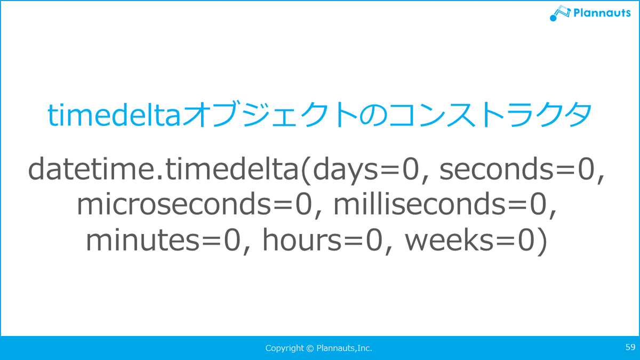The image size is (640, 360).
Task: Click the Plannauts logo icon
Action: click(560, 13)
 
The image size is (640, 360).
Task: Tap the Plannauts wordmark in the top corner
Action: click(602, 13)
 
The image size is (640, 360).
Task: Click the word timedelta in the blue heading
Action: click(114, 115)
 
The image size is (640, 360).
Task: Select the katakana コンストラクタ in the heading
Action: click(491, 115)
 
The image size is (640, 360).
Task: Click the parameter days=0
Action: click(366, 170)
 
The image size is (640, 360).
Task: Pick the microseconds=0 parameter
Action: click(195, 205)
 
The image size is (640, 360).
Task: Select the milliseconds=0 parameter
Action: click(440, 204)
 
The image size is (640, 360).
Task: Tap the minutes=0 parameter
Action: click(163, 240)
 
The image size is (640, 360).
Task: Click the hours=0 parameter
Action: click(323, 239)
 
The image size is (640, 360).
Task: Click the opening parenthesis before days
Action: click(306, 170)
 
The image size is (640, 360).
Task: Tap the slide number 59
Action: click(630, 347)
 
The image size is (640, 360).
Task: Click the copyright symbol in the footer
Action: click(310, 348)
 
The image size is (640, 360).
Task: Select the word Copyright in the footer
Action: click(285, 348)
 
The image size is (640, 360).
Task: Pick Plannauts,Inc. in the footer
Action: click(345, 348)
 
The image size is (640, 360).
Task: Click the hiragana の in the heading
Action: click(373, 115)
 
